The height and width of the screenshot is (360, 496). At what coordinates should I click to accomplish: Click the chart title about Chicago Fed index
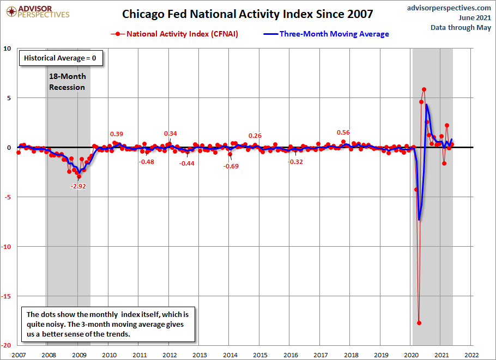coord(247,14)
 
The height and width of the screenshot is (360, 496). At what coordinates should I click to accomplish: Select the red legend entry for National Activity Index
coord(174,34)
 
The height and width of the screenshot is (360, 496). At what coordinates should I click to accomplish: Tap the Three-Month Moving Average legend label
coord(334,34)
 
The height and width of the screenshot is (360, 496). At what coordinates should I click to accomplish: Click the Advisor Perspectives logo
coord(38,12)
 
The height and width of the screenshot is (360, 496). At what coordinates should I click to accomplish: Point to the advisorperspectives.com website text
coord(449,8)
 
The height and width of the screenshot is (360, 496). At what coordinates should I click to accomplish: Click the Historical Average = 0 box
coord(61,58)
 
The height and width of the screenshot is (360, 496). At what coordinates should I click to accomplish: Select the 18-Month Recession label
coord(67,82)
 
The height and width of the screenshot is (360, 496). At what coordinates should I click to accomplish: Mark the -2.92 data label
coord(78,186)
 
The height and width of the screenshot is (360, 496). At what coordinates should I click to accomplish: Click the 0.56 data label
coord(343,132)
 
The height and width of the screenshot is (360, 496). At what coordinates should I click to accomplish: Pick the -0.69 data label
coord(231,166)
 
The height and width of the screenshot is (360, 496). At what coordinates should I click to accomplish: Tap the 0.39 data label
coord(117,134)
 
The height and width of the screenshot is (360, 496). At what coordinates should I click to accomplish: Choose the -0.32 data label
coord(295,162)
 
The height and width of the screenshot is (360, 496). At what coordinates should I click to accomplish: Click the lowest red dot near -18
coord(419,323)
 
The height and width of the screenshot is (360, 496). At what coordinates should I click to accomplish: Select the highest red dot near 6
coord(424,89)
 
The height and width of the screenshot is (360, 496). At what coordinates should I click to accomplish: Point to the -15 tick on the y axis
coord(6,296)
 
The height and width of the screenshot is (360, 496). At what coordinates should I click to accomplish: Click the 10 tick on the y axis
coord(7,48)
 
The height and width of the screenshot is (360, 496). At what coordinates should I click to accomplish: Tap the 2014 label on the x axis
coord(230,355)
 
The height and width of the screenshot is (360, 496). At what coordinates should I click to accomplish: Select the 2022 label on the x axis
coord(471,355)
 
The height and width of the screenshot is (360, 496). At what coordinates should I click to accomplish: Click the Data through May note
coord(461,27)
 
